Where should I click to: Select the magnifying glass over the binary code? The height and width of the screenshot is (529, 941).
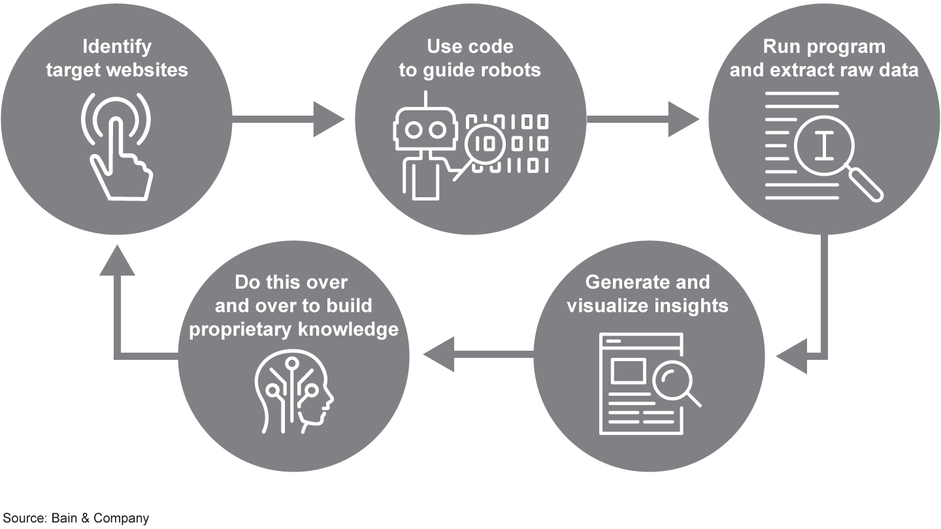pos(483,143)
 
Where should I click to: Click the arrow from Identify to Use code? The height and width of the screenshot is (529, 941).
pos(288,119)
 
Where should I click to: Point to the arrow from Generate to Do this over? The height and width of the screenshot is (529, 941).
pos(477,355)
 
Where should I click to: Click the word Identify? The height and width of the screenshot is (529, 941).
pos(117,47)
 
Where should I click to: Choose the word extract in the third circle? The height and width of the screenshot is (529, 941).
pos(801,69)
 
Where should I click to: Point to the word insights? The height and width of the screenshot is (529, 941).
pos(692,305)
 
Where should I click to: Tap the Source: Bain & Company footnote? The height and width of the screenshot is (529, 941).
pos(76,518)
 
